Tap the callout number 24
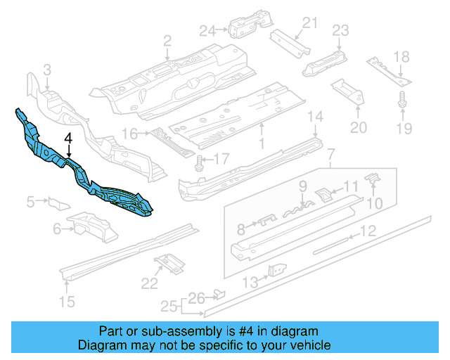click(205, 30)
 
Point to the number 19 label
click(402, 127)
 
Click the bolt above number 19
click(402, 100)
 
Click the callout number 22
click(149, 283)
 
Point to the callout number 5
click(31, 203)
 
